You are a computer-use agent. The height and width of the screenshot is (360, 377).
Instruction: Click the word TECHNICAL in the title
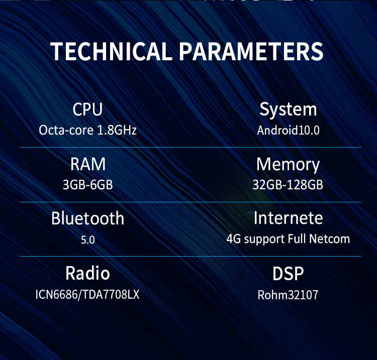pos(111,51)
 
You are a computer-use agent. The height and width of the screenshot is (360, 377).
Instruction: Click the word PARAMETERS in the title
pos(251,51)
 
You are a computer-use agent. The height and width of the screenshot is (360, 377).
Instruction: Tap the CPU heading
pos(88,109)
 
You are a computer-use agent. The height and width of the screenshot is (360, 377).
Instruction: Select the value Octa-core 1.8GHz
pos(88,130)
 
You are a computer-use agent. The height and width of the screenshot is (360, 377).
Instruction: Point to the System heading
pos(289,110)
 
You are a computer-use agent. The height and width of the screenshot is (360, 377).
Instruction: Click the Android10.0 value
pos(289,131)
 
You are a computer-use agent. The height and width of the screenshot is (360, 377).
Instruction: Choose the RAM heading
pos(88,164)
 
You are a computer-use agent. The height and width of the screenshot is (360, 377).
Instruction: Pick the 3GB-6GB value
pos(88,185)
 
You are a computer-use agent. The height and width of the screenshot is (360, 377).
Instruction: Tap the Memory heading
pos(288,165)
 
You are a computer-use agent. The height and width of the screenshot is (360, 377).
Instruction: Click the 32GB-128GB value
pos(288,185)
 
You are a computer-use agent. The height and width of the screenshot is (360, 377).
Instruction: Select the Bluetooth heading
pos(88,218)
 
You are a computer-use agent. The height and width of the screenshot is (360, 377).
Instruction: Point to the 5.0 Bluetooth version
pos(88,240)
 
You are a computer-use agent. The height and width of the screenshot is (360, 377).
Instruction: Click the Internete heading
pos(289,218)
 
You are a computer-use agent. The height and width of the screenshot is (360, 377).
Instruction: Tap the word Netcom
pos(329,239)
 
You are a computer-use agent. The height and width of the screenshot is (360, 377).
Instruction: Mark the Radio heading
pos(88,273)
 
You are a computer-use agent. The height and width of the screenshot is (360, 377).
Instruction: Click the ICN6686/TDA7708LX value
pos(87,294)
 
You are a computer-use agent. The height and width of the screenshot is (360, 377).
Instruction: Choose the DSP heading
pos(288,274)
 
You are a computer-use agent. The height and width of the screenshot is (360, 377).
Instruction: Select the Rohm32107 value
pos(288,295)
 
